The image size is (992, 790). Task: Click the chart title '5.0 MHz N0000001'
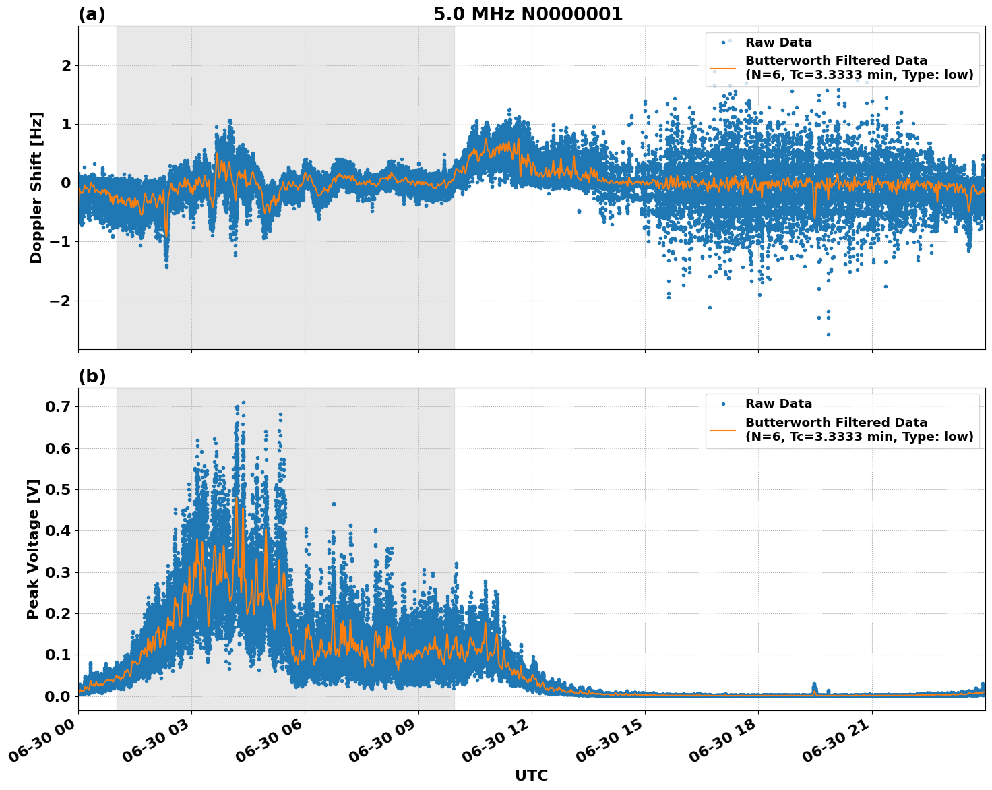coord(528,14)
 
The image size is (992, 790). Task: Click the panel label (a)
coord(92,14)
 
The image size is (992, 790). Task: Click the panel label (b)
coord(92,376)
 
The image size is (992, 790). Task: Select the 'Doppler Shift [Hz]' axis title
coord(36,187)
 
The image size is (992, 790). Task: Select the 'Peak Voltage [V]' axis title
coord(33,549)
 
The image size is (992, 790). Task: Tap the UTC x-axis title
coord(531,775)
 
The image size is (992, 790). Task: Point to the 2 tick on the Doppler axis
coord(66,66)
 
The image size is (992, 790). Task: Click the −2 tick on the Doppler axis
coord(61,301)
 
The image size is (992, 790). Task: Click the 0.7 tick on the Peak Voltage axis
coord(58,407)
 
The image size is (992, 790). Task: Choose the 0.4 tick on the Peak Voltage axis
coord(58,531)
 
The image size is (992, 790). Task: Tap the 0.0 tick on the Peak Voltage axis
coord(58,696)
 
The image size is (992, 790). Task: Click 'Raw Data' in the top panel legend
coord(778,42)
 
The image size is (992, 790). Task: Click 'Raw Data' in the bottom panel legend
coord(778,404)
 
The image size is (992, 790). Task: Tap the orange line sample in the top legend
coord(723,68)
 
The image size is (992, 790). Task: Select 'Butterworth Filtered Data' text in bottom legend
coord(836,423)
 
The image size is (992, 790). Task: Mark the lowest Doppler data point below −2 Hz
coord(828,334)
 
